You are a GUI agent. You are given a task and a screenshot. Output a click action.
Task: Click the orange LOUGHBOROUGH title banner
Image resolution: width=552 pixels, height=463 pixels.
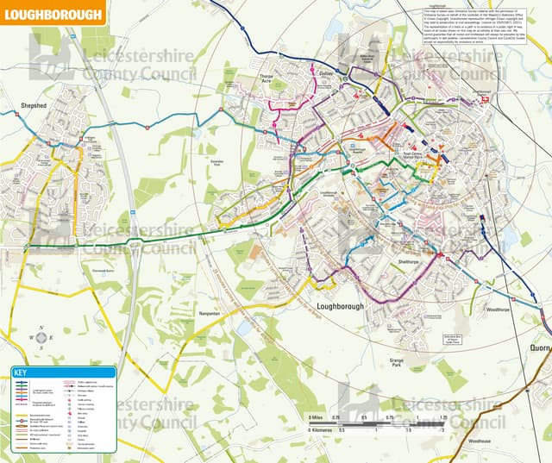[x=53, y=13]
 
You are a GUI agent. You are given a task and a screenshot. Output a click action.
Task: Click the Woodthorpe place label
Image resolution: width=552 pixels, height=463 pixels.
[x=498, y=309]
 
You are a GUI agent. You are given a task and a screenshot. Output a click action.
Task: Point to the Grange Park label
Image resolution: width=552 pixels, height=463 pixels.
[x=396, y=366]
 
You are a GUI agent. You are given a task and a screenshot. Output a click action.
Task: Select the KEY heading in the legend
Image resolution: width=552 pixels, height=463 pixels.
[x=22, y=372]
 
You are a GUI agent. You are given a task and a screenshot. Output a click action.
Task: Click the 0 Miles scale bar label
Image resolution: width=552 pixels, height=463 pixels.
[x=319, y=417]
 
